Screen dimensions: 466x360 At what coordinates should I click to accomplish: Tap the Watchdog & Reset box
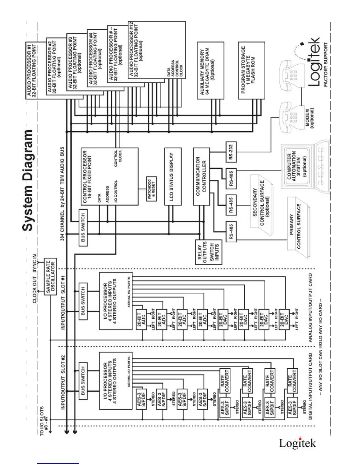click(x=151, y=189)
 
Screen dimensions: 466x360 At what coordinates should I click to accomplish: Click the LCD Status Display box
click(x=173, y=177)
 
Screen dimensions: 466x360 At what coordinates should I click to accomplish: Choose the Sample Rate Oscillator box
click(x=50, y=277)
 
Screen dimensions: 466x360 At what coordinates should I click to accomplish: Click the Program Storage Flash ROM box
click(x=251, y=70)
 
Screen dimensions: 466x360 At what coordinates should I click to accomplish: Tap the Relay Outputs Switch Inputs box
click(x=209, y=252)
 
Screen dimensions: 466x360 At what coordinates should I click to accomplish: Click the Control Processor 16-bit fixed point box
click(x=109, y=177)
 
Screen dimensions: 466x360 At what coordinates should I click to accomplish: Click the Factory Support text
click(x=326, y=64)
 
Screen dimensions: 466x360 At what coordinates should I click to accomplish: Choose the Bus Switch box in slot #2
click(x=83, y=380)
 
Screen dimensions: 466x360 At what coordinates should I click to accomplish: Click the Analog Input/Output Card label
click(x=311, y=308)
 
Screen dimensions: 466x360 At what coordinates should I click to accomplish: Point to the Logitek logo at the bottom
click(x=297, y=443)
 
